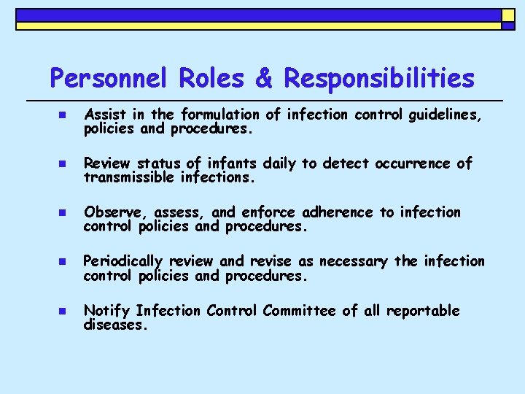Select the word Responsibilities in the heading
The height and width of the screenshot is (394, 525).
[378, 78]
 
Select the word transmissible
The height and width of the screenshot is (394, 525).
[130, 177]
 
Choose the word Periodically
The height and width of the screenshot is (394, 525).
[123, 262]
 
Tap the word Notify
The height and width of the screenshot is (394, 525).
[107, 311]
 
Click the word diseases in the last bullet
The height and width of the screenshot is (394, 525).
[115, 325]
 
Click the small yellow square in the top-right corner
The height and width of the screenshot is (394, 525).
[507, 15]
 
